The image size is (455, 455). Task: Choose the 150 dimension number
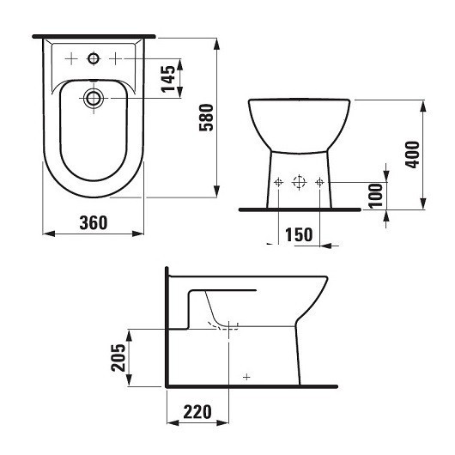300,234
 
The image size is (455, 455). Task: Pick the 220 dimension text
197,413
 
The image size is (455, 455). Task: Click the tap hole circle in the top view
94,58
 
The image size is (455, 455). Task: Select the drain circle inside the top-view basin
94,98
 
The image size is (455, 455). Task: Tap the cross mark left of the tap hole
73,58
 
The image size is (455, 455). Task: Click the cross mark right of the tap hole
114,58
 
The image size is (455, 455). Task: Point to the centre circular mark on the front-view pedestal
299,182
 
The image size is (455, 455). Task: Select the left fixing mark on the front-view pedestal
279,182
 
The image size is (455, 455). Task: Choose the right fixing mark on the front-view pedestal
319,182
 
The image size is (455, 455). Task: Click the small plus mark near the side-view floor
246,376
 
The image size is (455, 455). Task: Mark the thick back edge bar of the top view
94,37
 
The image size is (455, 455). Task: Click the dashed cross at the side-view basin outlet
230,326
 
